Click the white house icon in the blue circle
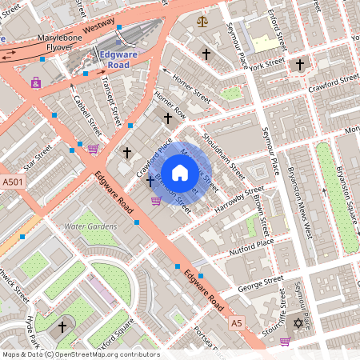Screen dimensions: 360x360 coord(180,171)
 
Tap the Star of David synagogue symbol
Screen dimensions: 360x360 coord(299,323)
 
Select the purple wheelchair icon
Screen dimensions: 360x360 coord(35,82)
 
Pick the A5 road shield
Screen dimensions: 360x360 coord(235,323)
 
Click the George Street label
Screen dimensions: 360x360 coord(261,283)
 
